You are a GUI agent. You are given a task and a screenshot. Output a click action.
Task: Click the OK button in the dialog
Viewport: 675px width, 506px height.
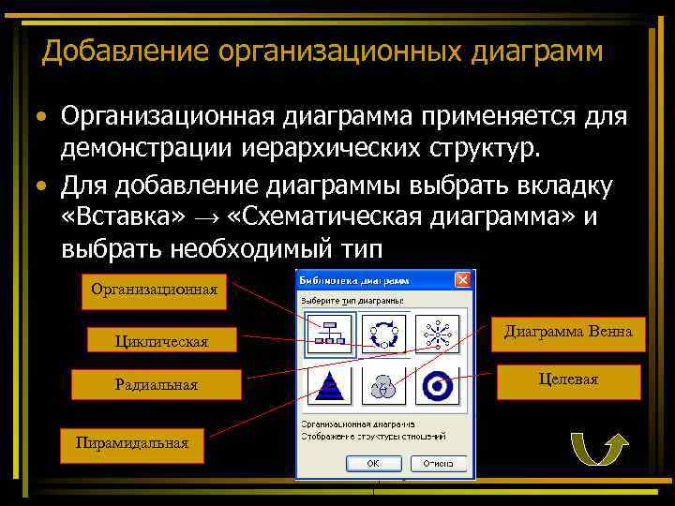coord(373,463)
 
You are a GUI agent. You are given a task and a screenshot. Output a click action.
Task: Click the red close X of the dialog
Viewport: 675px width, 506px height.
coord(462,280)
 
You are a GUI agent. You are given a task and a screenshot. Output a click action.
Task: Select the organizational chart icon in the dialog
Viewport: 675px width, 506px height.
coord(328,334)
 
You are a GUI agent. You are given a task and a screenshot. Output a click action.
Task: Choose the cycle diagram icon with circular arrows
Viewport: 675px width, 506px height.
coord(384,334)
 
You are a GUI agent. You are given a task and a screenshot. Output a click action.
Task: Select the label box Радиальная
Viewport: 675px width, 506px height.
coord(157,384)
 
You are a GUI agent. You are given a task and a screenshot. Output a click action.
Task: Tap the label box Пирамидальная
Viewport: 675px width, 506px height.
coord(132,443)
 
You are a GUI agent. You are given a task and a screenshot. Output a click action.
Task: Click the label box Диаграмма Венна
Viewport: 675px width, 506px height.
coord(568,332)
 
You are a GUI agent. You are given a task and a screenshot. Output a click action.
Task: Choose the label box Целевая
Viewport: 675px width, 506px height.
coord(568,379)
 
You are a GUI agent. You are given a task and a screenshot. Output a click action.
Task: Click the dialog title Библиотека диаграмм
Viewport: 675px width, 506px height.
coord(353,280)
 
